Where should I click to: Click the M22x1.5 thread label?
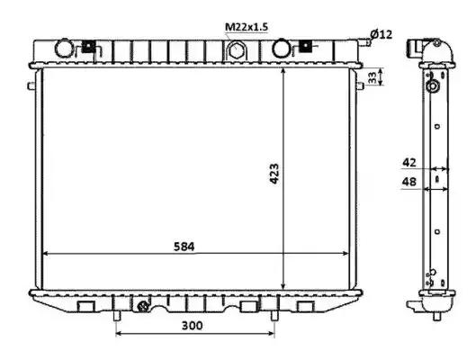[x=247, y=27]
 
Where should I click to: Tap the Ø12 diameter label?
[x=382, y=34]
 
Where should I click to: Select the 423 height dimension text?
[x=274, y=174]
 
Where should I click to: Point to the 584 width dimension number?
[x=184, y=247]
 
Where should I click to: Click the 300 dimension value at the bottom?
[x=192, y=326]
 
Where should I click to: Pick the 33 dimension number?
[x=373, y=77]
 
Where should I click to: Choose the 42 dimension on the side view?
[x=409, y=163]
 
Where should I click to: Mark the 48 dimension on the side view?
[x=409, y=182]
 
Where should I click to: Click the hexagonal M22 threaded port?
[x=235, y=50]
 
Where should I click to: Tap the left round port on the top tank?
[x=64, y=48]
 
